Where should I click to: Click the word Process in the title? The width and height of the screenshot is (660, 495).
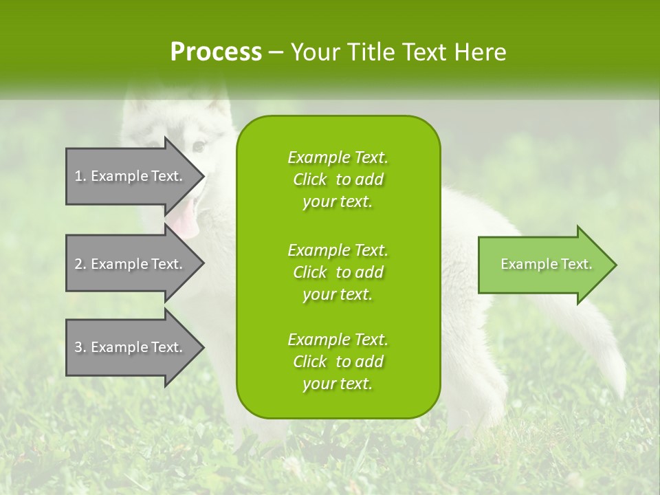point(216,52)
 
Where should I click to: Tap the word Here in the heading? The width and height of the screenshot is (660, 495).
point(481,52)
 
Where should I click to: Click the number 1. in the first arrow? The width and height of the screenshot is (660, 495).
point(80,176)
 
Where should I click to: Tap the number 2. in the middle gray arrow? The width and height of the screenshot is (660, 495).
point(80,264)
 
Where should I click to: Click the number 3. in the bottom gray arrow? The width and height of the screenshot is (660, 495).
point(80,347)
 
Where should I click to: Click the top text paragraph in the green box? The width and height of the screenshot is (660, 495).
point(338,179)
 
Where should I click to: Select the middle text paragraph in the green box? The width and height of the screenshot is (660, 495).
point(338,272)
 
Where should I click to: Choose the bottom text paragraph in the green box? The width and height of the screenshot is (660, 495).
point(338,362)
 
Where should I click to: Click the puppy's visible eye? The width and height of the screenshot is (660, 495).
point(199,146)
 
